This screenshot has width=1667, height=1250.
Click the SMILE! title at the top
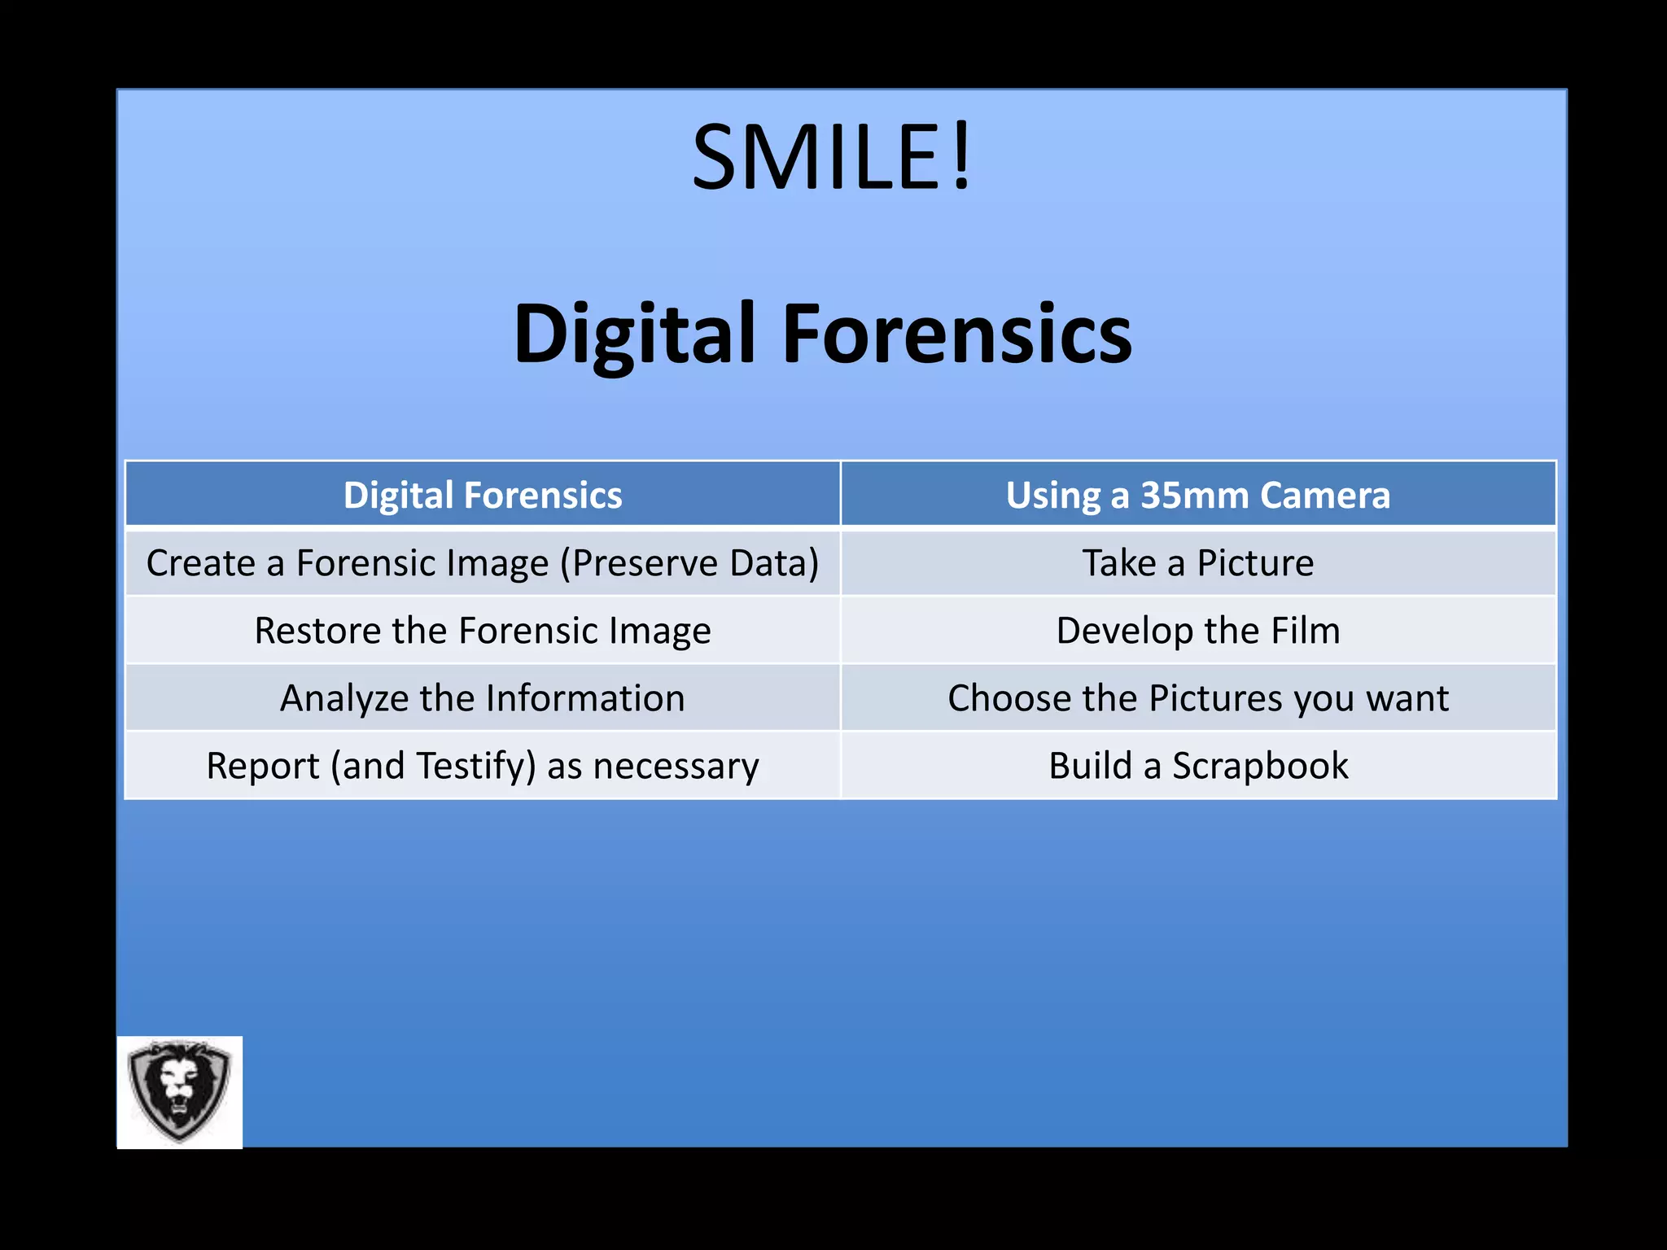pos(832,157)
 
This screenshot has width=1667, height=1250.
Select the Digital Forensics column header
pos(483,495)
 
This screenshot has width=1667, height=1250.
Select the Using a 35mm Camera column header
pos(1198,495)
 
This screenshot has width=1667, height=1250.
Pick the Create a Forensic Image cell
pos(483,563)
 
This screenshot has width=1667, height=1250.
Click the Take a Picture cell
pos(1198,563)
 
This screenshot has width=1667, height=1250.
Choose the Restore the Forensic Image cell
pos(483,631)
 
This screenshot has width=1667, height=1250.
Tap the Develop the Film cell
pos(1198,631)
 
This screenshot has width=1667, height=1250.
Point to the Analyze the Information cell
pos(483,698)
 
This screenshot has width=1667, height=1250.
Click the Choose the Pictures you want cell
pos(1198,698)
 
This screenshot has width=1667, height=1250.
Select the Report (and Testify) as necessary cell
pos(483,766)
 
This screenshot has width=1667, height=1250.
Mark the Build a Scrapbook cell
pos(1198,766)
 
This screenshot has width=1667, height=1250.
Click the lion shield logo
pos(180,1091)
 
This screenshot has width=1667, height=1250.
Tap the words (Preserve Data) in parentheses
pos(689,563)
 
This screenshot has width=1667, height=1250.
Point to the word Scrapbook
pos(1260,766)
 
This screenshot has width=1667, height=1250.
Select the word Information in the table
pos(585,698)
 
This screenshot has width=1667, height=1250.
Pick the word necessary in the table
pos(676,766)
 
